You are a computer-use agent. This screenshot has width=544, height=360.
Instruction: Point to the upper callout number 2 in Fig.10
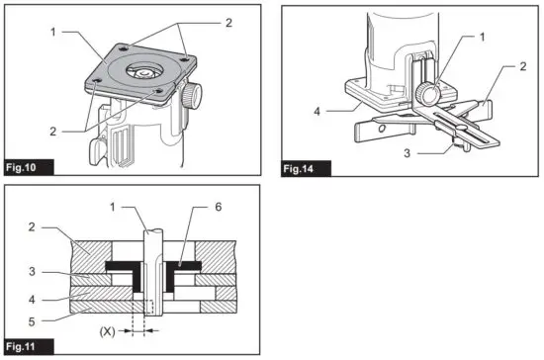[x=228, y=21]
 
